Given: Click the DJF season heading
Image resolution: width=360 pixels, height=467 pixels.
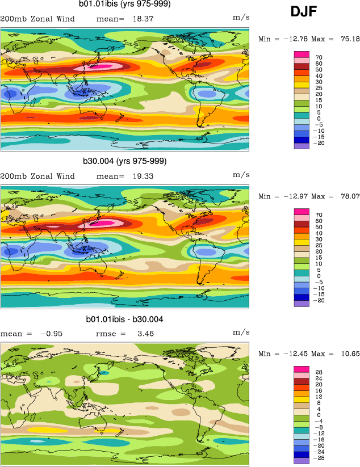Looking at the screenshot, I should click(x=303, y=12).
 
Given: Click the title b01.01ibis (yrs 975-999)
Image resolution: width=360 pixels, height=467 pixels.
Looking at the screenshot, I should click(x=124, y=5).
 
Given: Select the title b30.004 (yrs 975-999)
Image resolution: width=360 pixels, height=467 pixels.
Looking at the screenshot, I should click(x=124, y=161).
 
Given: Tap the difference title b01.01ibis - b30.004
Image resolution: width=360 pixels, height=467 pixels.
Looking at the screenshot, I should click(x=124, y=319).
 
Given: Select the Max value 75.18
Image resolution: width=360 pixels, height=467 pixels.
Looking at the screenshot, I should click(x=349, y=39).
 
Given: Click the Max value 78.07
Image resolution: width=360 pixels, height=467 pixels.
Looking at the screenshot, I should click(x=349, y=197).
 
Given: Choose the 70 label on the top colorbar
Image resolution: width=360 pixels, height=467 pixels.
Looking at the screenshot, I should click(x=319, y=58).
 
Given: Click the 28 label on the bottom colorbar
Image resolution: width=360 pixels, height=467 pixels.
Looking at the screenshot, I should click(x=319, y=372).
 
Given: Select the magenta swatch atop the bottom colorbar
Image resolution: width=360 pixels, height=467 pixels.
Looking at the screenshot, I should click(x=301, y=369).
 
